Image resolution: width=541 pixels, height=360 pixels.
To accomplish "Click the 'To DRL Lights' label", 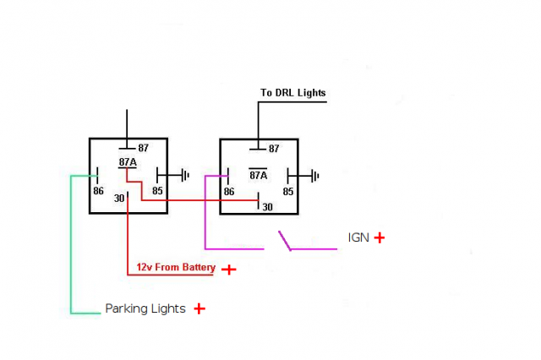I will [292, 92].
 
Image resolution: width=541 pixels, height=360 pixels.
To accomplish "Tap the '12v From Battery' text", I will [176, 268].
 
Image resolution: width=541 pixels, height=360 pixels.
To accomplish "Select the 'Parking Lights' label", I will [145, 308].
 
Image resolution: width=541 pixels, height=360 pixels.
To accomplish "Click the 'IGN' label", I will [358, 237].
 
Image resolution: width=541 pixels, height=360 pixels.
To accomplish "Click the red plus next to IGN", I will [379, 237].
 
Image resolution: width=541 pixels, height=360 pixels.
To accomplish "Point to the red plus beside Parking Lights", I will [199, 308].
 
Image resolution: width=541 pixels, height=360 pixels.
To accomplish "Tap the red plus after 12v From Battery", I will [227, 269].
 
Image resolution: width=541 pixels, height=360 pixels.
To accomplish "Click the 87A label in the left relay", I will [128, 161].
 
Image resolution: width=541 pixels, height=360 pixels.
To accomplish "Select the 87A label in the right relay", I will [258, 176].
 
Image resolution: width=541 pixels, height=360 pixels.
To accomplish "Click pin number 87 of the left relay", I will [143, 148].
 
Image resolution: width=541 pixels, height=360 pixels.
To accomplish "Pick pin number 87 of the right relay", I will [274, 149].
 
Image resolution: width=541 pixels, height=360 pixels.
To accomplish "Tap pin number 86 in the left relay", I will [98, 191].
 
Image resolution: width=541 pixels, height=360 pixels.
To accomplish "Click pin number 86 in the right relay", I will [228, 192].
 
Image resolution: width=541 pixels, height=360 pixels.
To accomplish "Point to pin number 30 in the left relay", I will [119, 199].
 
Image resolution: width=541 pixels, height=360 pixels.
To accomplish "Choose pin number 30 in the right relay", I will [268, 206].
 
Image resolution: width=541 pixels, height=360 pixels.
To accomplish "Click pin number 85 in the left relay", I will [157, 191].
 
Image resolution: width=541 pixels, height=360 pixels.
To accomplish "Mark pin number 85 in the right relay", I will [288, 192].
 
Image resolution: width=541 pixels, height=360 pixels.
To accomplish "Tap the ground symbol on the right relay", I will [314, 176].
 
